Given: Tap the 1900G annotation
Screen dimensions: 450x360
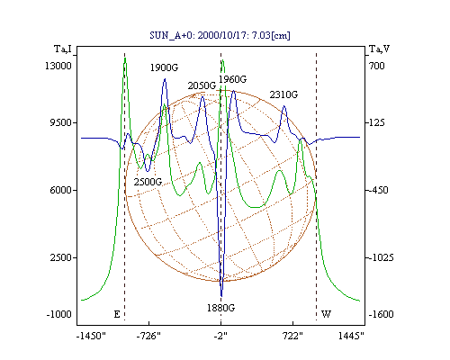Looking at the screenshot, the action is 164,67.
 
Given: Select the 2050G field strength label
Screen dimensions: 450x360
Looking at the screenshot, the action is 202,85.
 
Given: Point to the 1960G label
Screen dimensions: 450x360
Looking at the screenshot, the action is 232,79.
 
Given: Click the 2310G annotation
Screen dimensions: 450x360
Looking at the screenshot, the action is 283,94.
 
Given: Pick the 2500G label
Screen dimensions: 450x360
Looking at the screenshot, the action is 148,182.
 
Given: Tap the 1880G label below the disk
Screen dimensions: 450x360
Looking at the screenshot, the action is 220,308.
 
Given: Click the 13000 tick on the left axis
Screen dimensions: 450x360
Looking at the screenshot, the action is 58,66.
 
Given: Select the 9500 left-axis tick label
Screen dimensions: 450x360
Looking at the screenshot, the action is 60,122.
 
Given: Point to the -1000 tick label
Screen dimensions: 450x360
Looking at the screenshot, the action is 59,314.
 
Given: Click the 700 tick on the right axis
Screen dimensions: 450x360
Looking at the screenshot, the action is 377,66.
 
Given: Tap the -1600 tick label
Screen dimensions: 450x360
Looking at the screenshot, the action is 382,314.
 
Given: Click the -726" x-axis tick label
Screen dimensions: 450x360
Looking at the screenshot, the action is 148,336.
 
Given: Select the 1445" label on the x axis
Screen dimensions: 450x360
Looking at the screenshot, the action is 351,336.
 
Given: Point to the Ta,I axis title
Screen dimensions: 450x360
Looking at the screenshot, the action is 63,49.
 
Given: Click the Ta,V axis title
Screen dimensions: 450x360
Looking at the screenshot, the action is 379,49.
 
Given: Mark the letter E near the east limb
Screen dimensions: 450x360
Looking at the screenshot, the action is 117,314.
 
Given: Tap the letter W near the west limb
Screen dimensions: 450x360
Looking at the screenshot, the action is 326,314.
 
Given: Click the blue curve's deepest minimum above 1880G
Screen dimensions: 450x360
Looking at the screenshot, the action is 221,296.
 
